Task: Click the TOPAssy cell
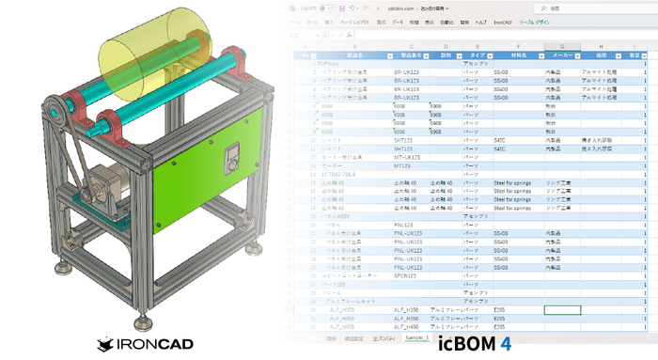(x=335, y=64)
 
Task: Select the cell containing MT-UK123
(x=406, y=157)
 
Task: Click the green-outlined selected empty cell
(x=562, y=308)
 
